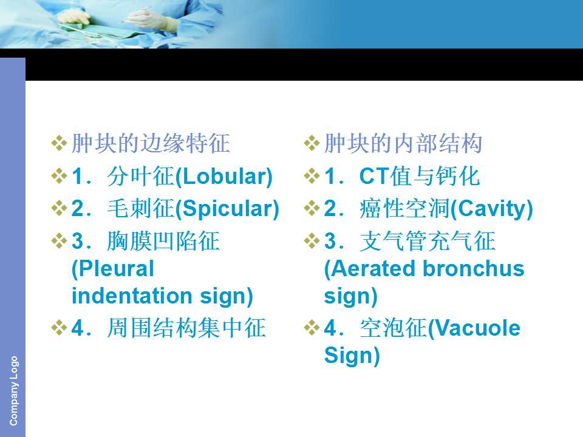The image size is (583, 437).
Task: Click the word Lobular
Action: coord(224,177)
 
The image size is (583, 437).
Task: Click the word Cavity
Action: coord(491,209)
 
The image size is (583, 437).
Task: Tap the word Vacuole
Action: coord(477,328)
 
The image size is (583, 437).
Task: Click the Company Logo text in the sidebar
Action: coord(13,391)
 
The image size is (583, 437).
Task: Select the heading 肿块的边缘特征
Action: coord(151,143)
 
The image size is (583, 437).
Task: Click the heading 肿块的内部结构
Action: coord(403,143)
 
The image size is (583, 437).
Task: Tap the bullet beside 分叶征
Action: coord(59,176)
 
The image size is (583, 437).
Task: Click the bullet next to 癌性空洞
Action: coord(312,208)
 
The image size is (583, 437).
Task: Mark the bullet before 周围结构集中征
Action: coord(59,328)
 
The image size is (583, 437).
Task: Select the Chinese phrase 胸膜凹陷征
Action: coord(163,241)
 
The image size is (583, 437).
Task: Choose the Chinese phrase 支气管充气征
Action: coord(428,241)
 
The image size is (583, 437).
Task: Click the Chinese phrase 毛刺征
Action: coord(140,209)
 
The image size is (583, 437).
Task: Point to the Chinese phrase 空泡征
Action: coord(394,328)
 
